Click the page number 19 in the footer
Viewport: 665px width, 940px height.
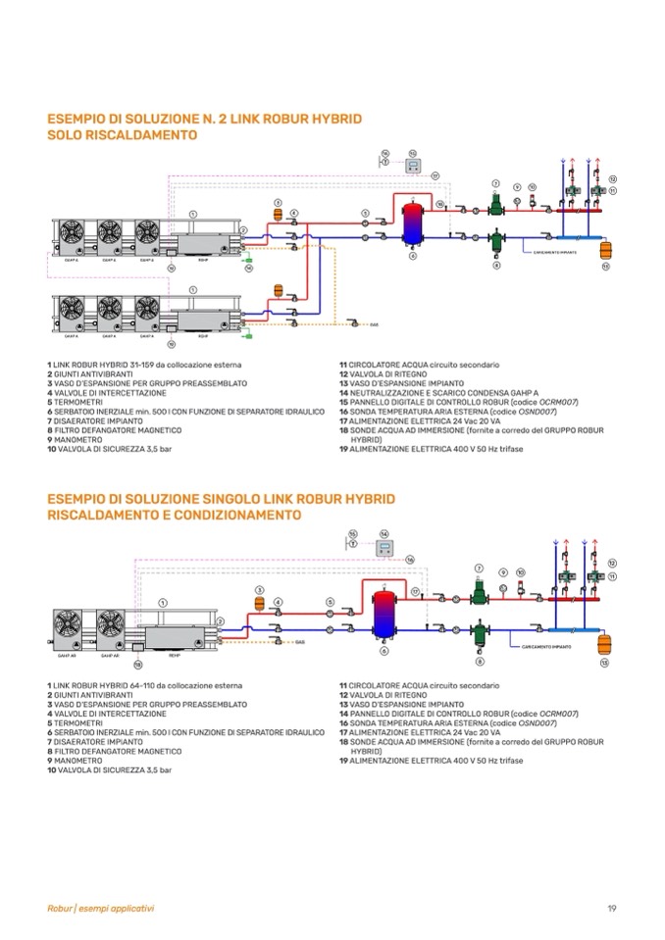[611, 908]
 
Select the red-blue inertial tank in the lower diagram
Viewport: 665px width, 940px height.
[384, 613]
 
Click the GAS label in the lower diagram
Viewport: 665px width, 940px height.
[300, 641]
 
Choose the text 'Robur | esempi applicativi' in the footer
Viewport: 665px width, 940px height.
[101, 908]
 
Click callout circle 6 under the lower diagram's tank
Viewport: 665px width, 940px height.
[384, 651]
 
